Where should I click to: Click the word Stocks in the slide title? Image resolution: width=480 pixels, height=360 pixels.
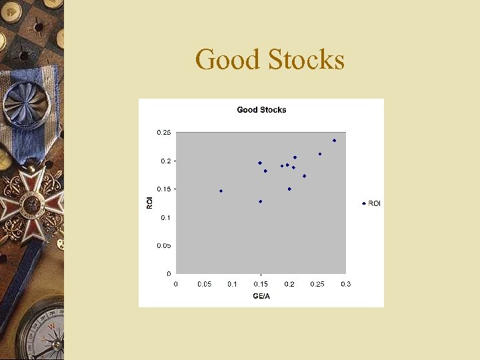click(x=307, y=60)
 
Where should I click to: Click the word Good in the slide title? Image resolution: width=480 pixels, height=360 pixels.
click(x=227, y=60)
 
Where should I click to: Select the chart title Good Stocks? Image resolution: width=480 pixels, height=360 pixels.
click(x=261, y=110)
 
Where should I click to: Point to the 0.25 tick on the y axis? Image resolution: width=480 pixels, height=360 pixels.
click(x=164, y=133)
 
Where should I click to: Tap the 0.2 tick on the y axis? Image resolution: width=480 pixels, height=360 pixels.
click(x=166, y=161)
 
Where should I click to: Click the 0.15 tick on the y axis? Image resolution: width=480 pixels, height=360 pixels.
click(x=164, y=189)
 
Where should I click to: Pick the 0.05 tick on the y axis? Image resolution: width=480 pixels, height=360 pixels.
click(x=164, y=246)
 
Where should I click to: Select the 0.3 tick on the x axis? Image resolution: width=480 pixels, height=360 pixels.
click(x=345, y=285)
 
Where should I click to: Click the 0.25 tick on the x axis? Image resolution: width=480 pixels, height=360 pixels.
click(x=317, y=285)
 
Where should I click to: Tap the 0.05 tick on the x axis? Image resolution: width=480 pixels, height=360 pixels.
click(x=204, y=285)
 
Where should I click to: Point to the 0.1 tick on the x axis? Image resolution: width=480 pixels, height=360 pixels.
click(x=233, y=285)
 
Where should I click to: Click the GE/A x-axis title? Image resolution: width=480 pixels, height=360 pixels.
click(x=261, y=296)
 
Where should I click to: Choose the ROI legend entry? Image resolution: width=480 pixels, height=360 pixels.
click(x=372, y=203)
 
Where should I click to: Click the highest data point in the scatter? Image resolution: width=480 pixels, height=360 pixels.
click(x=334, y=141)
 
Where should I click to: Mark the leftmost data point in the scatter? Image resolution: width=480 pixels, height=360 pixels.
click(x=221, y=191)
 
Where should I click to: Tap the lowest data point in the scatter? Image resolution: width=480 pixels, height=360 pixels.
click(x=260, y=201)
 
